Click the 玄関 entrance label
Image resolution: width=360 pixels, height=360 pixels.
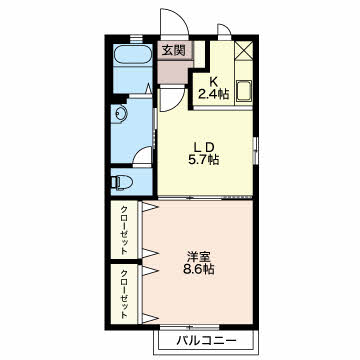173,50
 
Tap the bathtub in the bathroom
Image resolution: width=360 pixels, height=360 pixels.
132,54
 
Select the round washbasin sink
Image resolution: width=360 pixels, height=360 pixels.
119,113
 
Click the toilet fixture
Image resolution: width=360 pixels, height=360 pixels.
122,182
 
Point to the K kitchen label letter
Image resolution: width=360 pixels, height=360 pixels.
213,82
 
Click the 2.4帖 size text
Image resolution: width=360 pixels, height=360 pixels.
213,95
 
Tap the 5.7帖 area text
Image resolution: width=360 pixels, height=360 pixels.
203,160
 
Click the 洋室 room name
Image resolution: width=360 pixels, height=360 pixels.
198,257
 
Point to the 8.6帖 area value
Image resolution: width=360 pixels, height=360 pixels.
198,269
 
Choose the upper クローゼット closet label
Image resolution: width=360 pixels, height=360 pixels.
124,230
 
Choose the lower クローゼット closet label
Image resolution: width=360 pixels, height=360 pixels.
124,294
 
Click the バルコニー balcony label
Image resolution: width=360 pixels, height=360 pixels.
206,341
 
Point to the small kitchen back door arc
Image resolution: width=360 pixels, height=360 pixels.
224,28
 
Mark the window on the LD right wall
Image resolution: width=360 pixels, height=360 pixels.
255,150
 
